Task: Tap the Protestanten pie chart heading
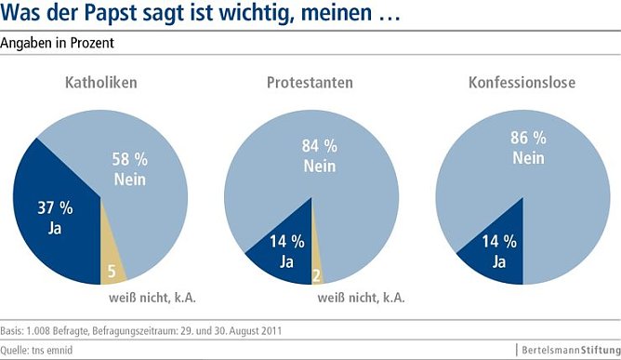pos(310,83)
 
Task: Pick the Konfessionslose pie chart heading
pos(522,83)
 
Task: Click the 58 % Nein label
pos(128,168)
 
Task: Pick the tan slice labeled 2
pos(317,275)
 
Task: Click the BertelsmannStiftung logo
pos(567,350)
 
